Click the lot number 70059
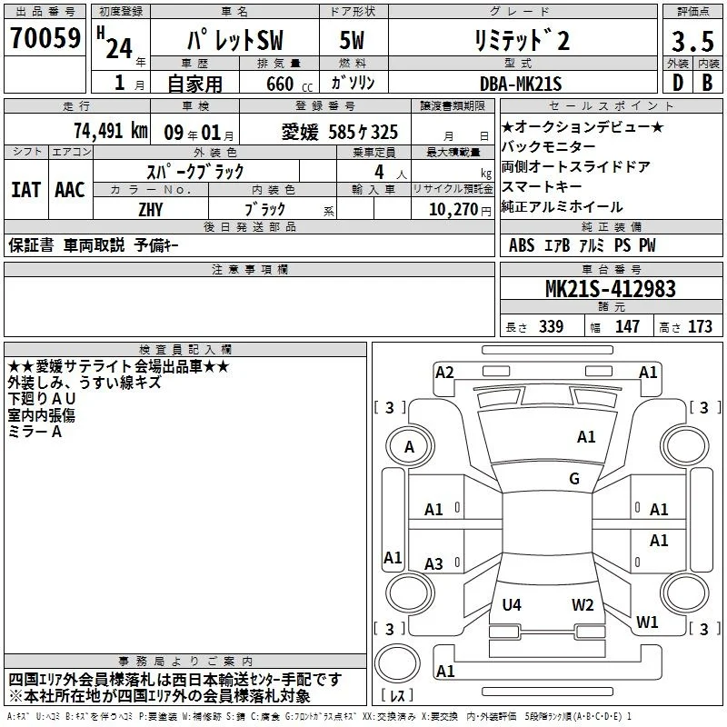[x=45, y=37]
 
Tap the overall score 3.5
[x=692, y=41]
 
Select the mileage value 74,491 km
[x=111, y=131]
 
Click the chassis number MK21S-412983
[x=610, y=288]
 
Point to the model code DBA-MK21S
[x=521, y=84]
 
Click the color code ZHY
[x=151, y=210]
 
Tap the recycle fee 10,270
[x=453, y=209]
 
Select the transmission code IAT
[x=26, y=190]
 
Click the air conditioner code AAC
[x=70, y=190]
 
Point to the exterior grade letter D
[x=678, y=83]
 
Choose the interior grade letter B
[x=707, y=83]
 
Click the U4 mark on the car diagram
[x=512, y=604]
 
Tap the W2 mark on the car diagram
[x=583, y=604]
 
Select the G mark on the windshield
[x=574, y=478]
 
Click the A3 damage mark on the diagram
[x=433, y=563]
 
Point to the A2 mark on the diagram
[x=444, y=373]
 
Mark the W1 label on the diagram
[x=647, y=622]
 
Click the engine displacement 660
[x=280, y=84]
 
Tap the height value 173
[x=700, y=326]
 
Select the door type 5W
[x=352, y=40]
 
